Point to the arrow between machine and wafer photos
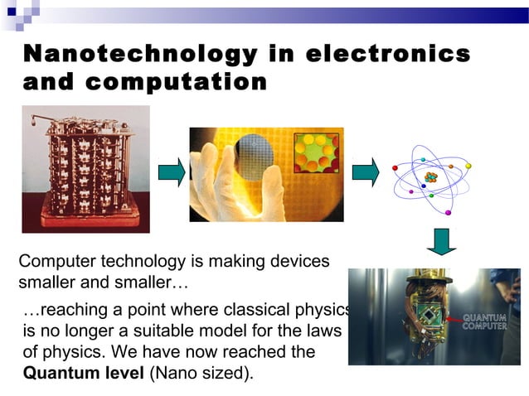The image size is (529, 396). click(171, 172)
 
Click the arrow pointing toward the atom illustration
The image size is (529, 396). click(366, 172)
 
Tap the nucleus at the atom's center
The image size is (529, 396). click(430, 178)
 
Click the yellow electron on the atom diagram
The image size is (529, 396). click(468, 165)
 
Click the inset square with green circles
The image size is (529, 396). click(318, 152)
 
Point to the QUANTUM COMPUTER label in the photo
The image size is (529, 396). click(484, 321)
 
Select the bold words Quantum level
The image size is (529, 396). click(84, 372)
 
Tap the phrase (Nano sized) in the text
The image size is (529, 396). click(201, 372)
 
